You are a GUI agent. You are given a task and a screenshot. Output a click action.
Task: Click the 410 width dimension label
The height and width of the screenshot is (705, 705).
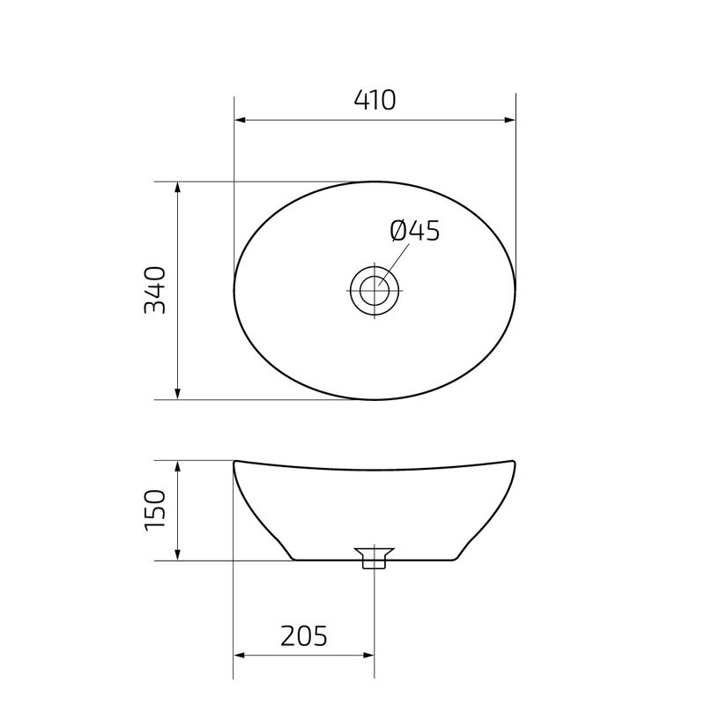point(375,100)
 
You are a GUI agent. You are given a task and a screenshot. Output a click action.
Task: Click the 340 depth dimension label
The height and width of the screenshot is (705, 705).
point(155,290)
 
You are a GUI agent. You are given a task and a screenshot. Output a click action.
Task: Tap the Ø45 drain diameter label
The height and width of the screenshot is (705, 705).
point(414,231)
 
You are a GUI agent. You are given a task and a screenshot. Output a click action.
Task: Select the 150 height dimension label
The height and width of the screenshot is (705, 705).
point(155,510)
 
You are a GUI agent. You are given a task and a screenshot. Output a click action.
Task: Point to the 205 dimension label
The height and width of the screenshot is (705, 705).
point(304,634)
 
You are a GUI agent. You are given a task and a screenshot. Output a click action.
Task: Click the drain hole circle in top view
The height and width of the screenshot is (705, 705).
point(375,289)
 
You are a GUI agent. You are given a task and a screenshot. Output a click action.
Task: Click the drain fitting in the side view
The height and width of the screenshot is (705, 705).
point(375,557)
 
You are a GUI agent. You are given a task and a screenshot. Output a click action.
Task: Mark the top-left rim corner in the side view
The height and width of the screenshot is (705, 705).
point(234,460)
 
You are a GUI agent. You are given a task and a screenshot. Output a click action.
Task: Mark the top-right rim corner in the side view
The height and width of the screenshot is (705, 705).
point(516,460)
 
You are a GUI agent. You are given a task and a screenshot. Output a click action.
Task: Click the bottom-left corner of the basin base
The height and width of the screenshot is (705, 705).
point(293,560)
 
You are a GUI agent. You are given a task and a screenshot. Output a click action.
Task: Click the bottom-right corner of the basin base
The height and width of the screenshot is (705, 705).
point(456,560)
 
